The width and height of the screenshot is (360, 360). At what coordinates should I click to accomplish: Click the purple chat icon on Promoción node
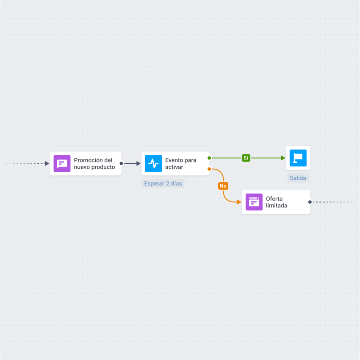point(62,163)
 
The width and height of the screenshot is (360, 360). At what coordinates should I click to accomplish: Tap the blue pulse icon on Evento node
point(153,163)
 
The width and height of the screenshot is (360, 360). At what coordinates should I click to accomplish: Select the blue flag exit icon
point(298,158)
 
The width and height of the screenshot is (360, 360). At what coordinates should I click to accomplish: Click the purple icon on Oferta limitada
point(254,202)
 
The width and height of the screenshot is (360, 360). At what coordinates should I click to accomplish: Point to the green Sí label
point(246,158)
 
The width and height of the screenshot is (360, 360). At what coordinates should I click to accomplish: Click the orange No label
point(223,186)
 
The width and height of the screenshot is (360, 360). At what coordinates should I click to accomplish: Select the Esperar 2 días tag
point(163,184)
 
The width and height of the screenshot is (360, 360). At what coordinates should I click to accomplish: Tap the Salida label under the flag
point(298,178)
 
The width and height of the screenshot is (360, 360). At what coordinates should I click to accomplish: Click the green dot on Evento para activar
point(209,158)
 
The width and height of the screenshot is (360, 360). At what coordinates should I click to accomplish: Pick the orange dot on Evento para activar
point(209,169)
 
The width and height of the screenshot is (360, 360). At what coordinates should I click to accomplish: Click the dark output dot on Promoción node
point(121,163)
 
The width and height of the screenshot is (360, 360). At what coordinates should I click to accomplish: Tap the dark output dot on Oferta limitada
point(310,202)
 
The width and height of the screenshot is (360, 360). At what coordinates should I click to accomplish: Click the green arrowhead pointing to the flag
point(283,158)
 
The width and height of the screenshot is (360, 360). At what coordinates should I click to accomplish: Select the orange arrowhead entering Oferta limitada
point(239,202)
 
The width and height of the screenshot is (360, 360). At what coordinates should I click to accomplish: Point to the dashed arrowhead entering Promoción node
point(47,163)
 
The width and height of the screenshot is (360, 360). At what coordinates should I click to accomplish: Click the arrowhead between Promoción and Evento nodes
point(138,163)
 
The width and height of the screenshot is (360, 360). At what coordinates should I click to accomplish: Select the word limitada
point(277,205)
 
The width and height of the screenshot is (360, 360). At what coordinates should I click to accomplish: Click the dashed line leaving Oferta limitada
point(334,202)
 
